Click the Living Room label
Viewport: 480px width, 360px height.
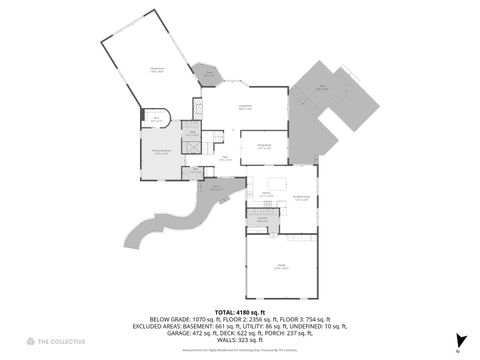click(x=244, y=108)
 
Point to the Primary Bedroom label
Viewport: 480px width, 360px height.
click(x=160, y=153)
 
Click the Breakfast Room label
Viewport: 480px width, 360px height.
click(x=298, y=198)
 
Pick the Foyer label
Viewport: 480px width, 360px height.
click(x=226, y=158)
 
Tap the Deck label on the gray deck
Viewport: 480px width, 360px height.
click(x=322, y=88)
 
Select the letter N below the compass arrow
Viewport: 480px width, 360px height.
click(x=459, y=351)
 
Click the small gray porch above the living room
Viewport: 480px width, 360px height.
click(x=210, y=74)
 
